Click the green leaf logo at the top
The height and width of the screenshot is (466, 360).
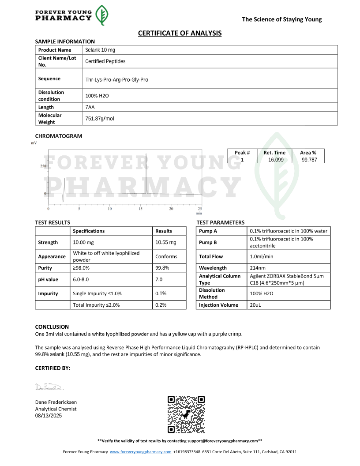pyautogui.click(x=102, y=15)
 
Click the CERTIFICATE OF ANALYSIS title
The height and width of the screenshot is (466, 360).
pyautogui.click(x=180, y=33)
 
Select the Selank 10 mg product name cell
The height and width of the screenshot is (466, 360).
pyautogui.click(x=100, y=50)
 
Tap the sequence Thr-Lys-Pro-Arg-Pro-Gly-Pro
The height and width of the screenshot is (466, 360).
pyautogui.click(x=116, y=80)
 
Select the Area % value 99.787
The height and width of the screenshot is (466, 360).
pyautogui.click(x=308, y=160)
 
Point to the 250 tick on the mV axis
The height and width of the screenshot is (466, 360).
pyautogui.click(x=43, y=166)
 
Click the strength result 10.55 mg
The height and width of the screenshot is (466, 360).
pyautogui.click(x=165, y=242)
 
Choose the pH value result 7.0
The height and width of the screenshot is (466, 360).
pyautogui.click(x=159, y=279)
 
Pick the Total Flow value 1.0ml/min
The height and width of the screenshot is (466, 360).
pyautogui.click(x=261, y=256)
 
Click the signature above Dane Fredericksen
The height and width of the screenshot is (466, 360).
pyautogui.click(x=49, y=387)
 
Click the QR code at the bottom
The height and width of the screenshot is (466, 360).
pyautogui.click(x=186, y=414)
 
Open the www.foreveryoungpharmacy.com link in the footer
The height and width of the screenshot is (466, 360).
pyautogui.click(x=140, y=452)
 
